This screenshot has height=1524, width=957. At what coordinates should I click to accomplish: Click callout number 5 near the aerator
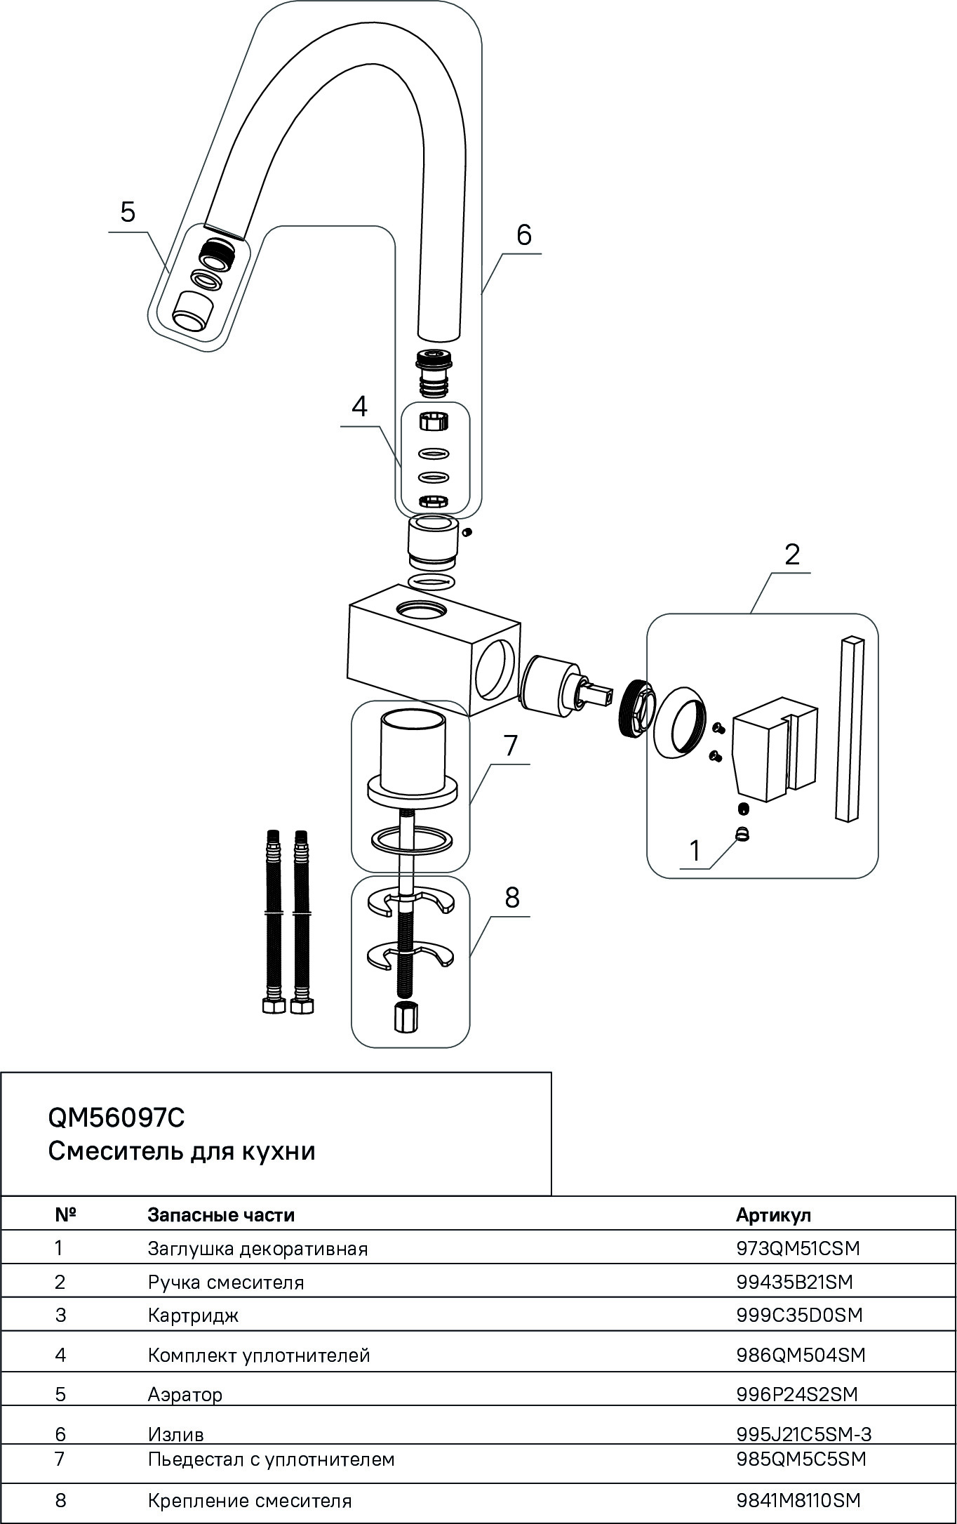[x=128, y=211]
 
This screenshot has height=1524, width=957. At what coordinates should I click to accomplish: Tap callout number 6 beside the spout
[x=524, y=234]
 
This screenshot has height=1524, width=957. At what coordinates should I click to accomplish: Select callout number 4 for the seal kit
[x=359, y=406]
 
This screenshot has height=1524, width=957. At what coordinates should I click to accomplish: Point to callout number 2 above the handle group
[x=791, y=555]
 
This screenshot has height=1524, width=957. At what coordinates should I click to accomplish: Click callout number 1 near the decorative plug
[x=695, y=851]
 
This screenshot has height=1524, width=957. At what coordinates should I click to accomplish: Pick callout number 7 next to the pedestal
[x=510, y=746]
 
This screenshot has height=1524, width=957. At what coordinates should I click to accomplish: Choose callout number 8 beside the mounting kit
[x=512, y=897]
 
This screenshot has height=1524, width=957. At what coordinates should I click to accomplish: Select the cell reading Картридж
[x=193, y=1315]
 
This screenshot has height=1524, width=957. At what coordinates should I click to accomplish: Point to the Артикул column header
[x=773, y=1215]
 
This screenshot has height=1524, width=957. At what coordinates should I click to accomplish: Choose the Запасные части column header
[x=221, y=1215]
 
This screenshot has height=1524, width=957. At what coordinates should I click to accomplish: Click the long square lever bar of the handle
[x=850, y=727]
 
